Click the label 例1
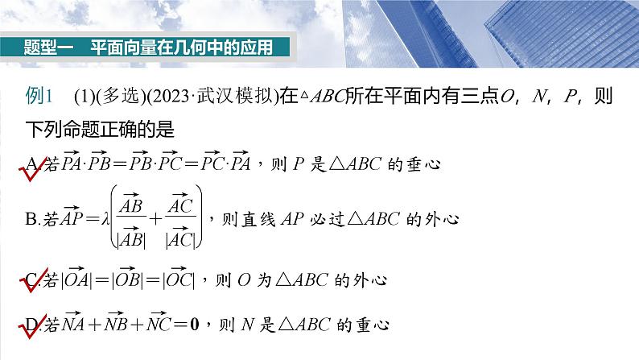click(39, 97)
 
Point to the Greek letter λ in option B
click(101, 217)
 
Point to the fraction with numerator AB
click(130, 217)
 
